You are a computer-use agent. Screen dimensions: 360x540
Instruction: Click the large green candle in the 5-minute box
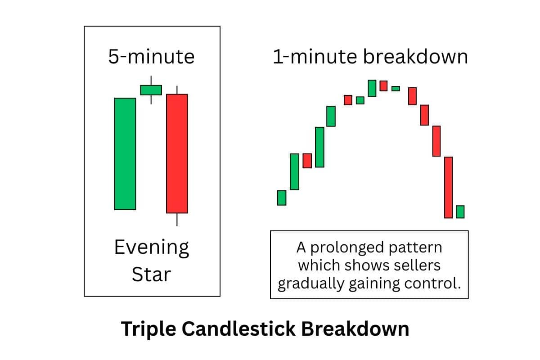click(125, 153)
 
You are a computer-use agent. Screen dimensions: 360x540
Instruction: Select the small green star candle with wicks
click(151, 90)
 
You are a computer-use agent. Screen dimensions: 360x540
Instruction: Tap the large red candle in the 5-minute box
click(177, 153)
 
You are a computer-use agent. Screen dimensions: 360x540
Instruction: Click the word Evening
click(152, 248)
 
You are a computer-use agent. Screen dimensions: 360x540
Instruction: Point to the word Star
click(152, 274)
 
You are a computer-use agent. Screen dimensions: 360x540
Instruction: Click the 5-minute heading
click(152, 57)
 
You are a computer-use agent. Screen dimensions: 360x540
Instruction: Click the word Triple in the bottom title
click(148, 329)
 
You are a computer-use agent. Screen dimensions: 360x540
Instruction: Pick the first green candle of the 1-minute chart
click(282, 198)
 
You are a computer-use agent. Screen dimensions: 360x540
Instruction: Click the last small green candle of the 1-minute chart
click(460, 211)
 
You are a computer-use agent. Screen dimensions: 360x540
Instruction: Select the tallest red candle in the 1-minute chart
click(448, 187)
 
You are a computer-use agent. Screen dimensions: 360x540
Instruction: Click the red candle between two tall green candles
click(307, 161)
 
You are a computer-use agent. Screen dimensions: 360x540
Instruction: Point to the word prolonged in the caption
click(352, 247)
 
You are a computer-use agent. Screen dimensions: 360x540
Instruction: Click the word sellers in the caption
click(418, 265)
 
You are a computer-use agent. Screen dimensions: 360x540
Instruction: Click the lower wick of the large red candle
click(177, 219)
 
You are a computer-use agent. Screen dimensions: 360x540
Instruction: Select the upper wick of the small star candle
click(151, 80)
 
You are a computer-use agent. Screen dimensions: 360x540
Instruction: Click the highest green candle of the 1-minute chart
click(372, 88)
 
